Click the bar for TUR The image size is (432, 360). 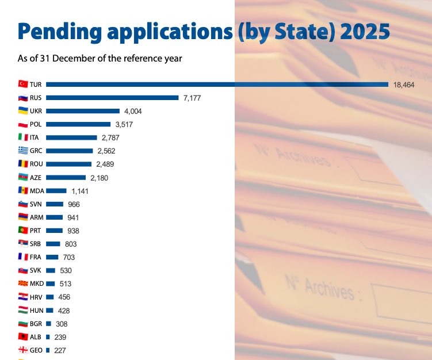pos(217,85)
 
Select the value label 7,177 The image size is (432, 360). pos(194,98)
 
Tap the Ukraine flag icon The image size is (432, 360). pos(23,111)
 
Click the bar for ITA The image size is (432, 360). pos(71,137)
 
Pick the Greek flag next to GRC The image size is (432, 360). pos(23,151)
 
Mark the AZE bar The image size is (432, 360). pos(66,178)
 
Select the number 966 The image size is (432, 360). pos(74,204)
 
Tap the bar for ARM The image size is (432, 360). pos(55,217)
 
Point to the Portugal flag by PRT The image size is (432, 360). pos(23,231)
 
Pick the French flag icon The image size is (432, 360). pos(23,257)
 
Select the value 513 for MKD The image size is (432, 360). pos(66,284)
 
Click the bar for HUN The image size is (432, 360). pos(50,311)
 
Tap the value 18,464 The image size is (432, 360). pos(404,85)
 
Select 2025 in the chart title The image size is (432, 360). pos(365,29)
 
